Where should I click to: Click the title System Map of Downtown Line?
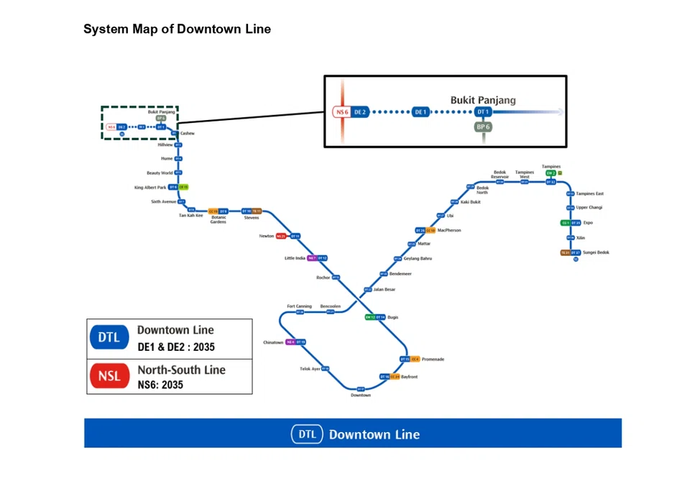tap(177, 29)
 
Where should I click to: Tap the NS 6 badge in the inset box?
tap(341, 112)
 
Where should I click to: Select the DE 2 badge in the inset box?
tap(360, 112)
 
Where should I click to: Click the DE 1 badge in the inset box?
tap(420, 112)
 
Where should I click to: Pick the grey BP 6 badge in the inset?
tap(483, 127)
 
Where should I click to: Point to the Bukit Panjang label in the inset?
tap(483, 101)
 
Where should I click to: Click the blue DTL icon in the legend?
tap(109, 337)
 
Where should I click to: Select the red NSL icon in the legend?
tap(109, 377)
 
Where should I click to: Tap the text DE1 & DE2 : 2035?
tap(176, 347)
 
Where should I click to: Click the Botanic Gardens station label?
tap(218, 219)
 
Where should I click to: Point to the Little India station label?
tap(295, 258)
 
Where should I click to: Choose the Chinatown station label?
tap(273, 342)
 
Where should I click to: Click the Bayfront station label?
tap(409, 377)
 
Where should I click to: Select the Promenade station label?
tap(433, 359)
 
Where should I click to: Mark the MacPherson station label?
tap(449, 230)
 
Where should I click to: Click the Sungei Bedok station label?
tap(596, 252)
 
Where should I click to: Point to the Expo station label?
tap(588, 223)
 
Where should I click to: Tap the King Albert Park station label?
tap(150, 187)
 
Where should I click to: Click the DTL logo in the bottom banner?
tap(307, 434)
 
